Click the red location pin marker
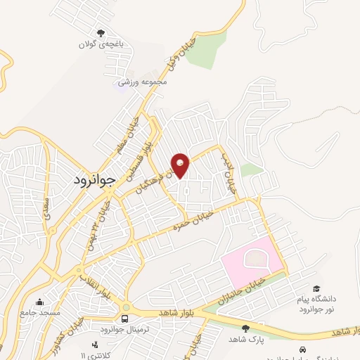tap(181, 165)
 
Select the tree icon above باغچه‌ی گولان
tap(101, 33)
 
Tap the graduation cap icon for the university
tap(316, 290)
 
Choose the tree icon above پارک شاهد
tap(245, 328)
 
